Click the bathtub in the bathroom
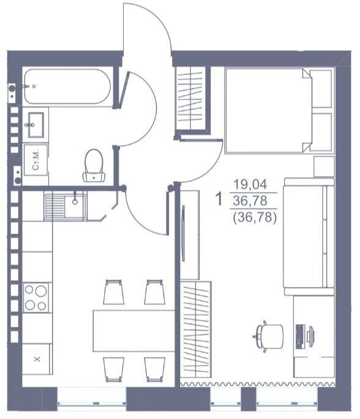pyautogui.click(x=67, y=86)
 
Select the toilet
pyautogui.click(x=94, y=165)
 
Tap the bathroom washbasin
pyautogui.click(x=36, y=125)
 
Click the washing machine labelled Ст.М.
pyautogui.click(x=36, y=160)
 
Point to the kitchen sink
pyautogui.click(x=66, y=207)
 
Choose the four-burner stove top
pyautogui.click(x=36, y=297)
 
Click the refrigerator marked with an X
pyautogui.click(x=37, y=359)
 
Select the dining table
pyautogui.click(x=133, y=331)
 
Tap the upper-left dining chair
pyautogui.click(x=114, y=292)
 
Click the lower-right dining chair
pyautogui.click(x=155, y=369)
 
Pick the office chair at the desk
pyautogui.click(x=269, y=336)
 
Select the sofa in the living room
pyautogui.click(x=309, y=237)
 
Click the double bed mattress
pyautogui.click(x=269, y=110)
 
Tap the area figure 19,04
pyautogui.click(x=250, y=184)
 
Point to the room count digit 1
pyautogui.click(x=219, y=199)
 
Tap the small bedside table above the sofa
pyautogui.click(x=324, y=167)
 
